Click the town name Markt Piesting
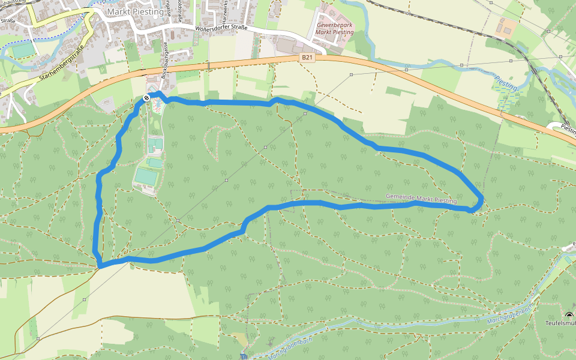tap(134, 11)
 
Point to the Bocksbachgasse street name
tap(166, 59)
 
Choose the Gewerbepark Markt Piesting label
tap(335, 28)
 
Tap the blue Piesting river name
tap(506, 82)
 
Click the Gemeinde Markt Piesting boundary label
tap(421, 198)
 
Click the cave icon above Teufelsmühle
tap(569, 315)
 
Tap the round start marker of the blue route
tap(146, 98)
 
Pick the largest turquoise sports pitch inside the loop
tap(146, 176)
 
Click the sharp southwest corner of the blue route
tap(100, 265)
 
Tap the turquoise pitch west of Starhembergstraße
tap(23, 50)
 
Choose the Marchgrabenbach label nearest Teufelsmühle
tap(511, 313)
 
